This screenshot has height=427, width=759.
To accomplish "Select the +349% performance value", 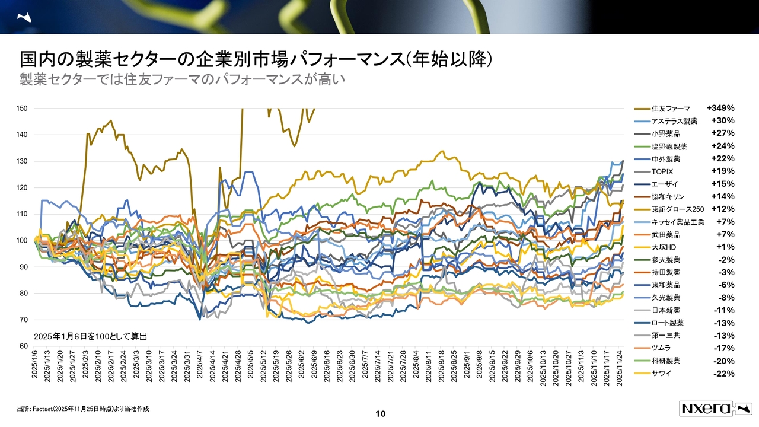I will coord(720,108).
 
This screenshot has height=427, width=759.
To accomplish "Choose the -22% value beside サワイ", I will coord(724,374).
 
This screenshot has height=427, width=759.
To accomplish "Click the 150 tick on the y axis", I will coord(23,109).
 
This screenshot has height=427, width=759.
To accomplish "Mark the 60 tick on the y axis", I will coord(24,346).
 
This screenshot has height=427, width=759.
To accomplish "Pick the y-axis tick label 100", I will coord(23,241).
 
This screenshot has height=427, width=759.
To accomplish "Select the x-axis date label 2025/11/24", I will coord(620,368).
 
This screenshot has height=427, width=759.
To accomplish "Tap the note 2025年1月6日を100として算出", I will coord(90,336).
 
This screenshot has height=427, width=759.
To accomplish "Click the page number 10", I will coord(381,413).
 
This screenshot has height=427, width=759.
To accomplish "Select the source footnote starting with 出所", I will coord(83,409).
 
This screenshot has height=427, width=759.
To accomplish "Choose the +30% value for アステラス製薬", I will coord(723,121).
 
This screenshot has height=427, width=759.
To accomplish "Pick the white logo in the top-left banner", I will coord(25,18).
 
